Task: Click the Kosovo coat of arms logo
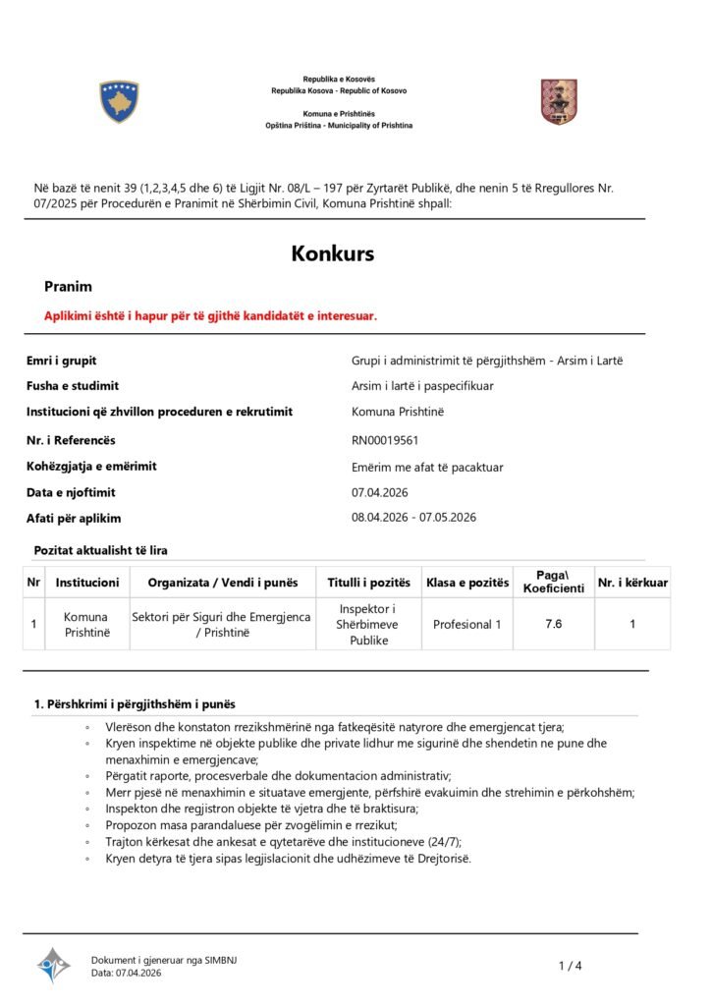coord(119,102)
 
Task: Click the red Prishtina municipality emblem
coord(559,102)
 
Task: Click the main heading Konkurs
coord(332,253)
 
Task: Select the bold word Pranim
coord(68,287)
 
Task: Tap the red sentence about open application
coord(210,315)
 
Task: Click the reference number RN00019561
coord(385,440)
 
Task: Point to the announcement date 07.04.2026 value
coord(379,492)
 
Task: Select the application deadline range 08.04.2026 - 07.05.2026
coord(413,518)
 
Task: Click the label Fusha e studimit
coord(72,386)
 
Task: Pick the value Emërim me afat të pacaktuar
coord(427,467)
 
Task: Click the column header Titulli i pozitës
coord(369,583)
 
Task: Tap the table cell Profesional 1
coord(467,624)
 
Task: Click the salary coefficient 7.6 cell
coord(553,624)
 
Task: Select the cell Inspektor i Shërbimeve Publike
coord(369,625)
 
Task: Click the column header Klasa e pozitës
coord(467,583)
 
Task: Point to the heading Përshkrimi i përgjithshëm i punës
coord(135,704)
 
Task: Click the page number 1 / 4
coord(570,966)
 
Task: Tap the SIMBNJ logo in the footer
coord(54,965)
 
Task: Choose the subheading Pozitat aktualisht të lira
coord(100,550)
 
